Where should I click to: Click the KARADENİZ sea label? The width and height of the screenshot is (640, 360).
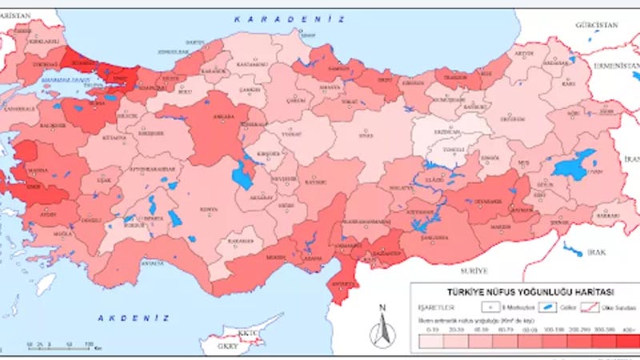[289, 18]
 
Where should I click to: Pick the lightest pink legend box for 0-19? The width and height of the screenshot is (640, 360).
[433, 342]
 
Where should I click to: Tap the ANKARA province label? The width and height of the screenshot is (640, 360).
[225, 118]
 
